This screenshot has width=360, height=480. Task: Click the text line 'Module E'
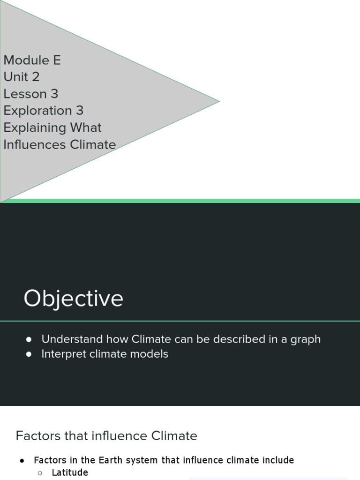point(32,60)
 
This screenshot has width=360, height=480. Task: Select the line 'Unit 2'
point(22,77)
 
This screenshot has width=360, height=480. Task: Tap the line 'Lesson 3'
point(31,94)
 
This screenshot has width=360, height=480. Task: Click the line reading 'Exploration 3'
point(43,111)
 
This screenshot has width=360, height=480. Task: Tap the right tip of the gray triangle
point(218,101)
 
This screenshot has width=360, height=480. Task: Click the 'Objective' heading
point(74,298)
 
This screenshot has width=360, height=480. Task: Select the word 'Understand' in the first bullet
point(72,339)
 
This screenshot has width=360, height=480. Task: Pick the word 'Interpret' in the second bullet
point(61,354)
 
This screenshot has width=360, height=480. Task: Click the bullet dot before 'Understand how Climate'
point(29,339)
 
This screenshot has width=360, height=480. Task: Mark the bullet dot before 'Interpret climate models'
point(29,354)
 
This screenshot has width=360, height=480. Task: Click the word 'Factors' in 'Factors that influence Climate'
point(38,436)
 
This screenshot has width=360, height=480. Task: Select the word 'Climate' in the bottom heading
point(174,436)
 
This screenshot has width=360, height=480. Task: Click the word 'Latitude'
point(70,472)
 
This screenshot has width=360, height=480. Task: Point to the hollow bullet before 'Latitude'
point(40,473)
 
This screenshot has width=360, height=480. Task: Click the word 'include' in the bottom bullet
point(277,460)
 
